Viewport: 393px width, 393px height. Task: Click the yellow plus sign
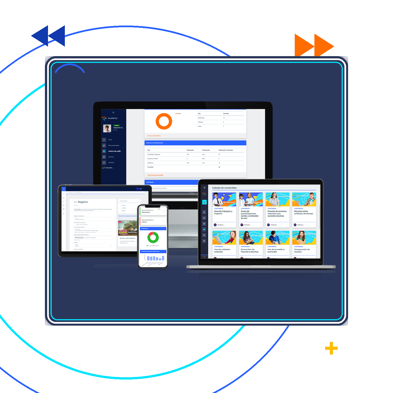[x=331, y=348]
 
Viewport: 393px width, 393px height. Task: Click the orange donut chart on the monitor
[x=164, y=121]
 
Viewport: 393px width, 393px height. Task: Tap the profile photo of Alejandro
[x=107, y=128]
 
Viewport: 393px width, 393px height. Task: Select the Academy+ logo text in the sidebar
[x=113, y=118]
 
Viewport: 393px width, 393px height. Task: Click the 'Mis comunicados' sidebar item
[x=114, y=145]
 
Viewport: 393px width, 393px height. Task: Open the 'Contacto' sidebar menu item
[x=111, y=163]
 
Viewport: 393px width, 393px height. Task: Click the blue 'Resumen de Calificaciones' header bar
[x=195, y=143]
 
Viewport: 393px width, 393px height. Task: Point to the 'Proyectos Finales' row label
[x=152, y=159]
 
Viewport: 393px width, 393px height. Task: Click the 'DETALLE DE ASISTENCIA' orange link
[x=154, y=136]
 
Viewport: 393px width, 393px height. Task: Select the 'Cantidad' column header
[x=226, y=114]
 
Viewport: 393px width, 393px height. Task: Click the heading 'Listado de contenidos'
[x=224, y=188]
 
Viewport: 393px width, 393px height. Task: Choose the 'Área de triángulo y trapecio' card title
[x=223, y=213]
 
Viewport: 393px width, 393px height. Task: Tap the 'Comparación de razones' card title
[x=302, y=250]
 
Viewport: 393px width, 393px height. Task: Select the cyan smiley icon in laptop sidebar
[x=204, y=202]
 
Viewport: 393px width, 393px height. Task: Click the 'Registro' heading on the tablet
[x=83, y=202]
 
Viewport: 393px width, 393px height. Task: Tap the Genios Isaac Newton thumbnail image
[x=128, y=228]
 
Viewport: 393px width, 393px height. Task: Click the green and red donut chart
[x=153, y=237]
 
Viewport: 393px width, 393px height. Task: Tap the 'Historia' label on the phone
[x=144, y=222]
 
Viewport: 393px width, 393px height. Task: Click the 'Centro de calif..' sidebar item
[x=115, y=151]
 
